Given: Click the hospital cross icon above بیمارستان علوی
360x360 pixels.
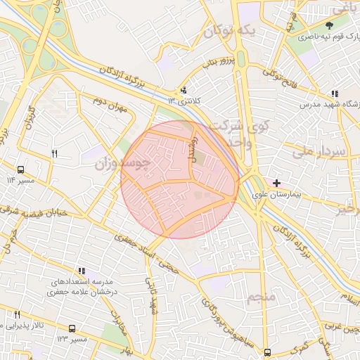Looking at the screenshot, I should [x=276, y=183].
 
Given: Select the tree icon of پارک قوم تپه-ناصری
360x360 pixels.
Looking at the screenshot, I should [x=328, y=26].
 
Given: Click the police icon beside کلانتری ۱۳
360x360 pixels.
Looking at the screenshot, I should [x=184, y=90].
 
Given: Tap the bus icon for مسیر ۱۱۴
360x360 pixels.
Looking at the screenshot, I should [x=20, y=169].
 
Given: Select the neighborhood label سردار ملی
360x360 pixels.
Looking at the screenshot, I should [x=319, y=151].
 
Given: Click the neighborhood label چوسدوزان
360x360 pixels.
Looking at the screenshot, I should [x=123, y=163].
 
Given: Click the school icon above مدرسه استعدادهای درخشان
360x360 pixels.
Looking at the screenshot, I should [x=82, y=271].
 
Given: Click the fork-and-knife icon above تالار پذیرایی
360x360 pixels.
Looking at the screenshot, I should [x=17, y=315].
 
